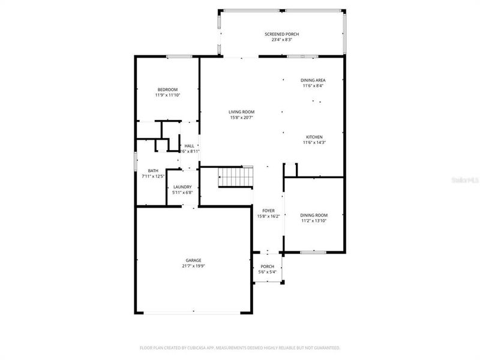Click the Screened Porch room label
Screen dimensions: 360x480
point(281,34)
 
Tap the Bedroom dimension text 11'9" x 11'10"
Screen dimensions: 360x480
point(167,95)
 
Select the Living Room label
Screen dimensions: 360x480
point(241,112)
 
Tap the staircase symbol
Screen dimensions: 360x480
point(236,178)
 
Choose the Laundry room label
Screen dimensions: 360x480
point(182,187)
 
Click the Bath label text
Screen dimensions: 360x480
point(154,170)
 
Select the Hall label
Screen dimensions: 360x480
point(189,146)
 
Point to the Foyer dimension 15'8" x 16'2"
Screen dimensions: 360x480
point(268,216)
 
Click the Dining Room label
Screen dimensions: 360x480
point(314,215)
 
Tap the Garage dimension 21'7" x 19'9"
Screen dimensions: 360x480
point(193,266)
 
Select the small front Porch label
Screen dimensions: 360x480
point(268,266)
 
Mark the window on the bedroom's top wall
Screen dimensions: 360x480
point(179,57)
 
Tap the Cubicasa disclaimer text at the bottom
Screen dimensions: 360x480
point(240,347)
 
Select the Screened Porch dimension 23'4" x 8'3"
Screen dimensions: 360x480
point(281,40)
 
